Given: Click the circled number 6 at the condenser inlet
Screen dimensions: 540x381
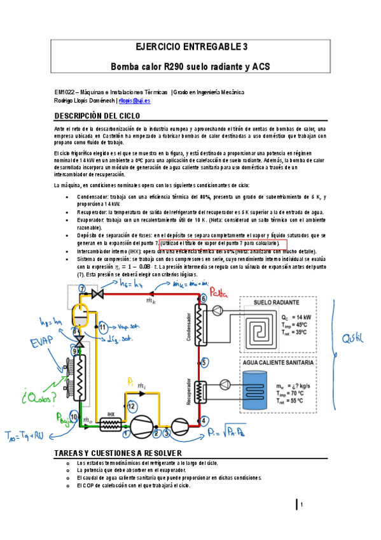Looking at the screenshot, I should click(x=203, y=298).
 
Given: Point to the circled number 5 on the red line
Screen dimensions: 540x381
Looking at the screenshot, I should click(x=203, y=362).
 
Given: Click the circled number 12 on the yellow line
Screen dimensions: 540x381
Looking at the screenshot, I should click(x=132, y=405).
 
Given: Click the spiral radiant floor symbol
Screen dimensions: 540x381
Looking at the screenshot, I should click(x=258, y=327).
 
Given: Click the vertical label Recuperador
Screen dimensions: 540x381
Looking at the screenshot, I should click(x=189, y=390).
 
